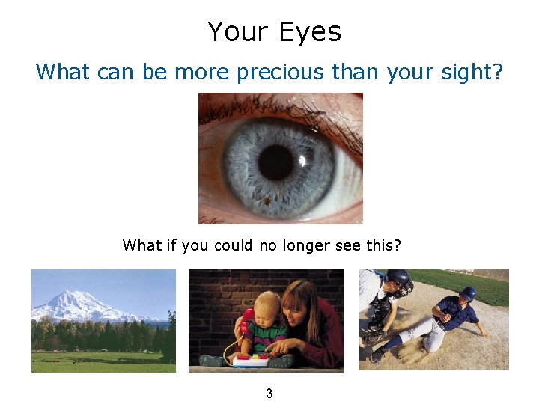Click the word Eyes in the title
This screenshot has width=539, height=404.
pyautogui.click(x=309, y=32)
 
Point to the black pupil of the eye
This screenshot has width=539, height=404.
pyautogui.click(x=275, y=161)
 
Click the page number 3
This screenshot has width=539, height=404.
pyautogui.click(x=269, y=393)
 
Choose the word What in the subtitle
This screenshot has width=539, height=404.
pyautogui.click(x=62, y=72)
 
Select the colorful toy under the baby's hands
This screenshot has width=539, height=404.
pyautogui.click(x=251, y=360)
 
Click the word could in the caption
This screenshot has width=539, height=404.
pyautogui.click(x=233, y=245)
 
